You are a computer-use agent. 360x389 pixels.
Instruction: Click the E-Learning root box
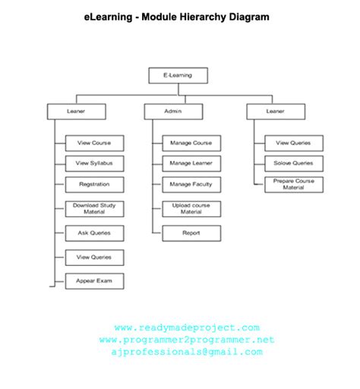177,75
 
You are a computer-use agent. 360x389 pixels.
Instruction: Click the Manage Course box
191,143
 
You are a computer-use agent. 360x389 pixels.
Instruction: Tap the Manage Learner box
191,163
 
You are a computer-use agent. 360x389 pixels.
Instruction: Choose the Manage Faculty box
191,185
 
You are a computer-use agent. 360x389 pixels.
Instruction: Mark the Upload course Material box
191,209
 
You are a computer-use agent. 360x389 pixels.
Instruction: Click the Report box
191,233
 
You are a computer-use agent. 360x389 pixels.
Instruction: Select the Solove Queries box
293,163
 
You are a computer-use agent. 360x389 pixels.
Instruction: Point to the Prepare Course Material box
293,185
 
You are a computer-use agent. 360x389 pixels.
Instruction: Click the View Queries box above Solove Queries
293,143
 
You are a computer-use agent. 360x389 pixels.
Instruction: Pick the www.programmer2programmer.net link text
187,340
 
